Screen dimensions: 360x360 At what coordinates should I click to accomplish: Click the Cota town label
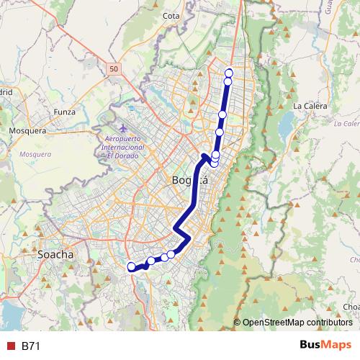tap(171, 15)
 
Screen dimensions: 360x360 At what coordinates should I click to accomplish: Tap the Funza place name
tap(64, 112)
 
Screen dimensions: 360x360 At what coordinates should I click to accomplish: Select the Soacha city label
tap(56, 255)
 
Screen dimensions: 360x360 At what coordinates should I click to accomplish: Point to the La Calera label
tap(310, 106)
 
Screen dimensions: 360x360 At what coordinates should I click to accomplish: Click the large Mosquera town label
tap(27, 131)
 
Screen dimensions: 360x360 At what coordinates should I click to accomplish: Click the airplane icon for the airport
tap(117, 127)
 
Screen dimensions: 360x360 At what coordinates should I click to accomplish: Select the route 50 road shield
tap(114, 68)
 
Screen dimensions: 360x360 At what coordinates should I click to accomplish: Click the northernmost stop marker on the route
tap(229, 72)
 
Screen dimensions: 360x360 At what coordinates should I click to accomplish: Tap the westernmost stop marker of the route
tap(132, 267)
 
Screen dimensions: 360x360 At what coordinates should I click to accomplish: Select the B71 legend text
tap(31, 346)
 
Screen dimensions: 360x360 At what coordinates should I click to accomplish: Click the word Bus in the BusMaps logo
tap(312, 345)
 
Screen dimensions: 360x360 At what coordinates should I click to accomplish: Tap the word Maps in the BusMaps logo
tap(339, 345)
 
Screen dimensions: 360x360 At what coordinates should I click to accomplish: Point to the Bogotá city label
tap(190, 180)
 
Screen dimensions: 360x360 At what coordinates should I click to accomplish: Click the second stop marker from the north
tap(228, 81)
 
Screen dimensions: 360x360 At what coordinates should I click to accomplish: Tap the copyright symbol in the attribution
tap(237, 323)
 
